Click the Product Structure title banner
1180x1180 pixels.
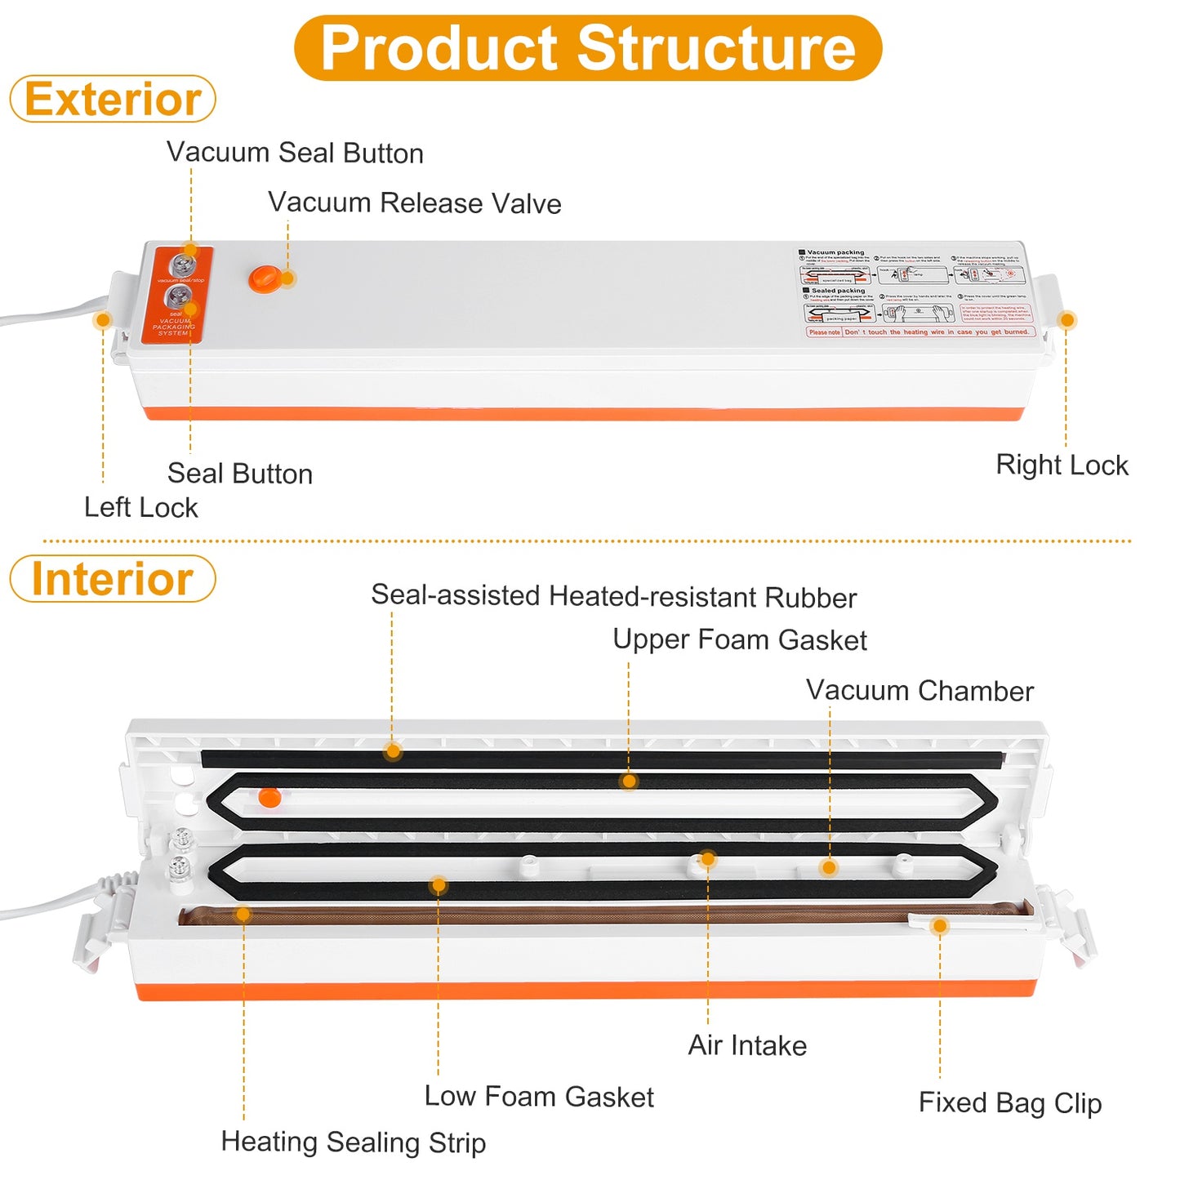[x=588, y=47]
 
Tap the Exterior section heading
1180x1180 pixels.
[x=113, y=99]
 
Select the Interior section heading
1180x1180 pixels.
[x=113, y=579]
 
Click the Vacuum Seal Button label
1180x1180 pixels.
[x=295, y=153]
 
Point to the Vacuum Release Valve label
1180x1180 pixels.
[x=415, y=203]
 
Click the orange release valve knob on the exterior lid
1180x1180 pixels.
[x=265, y=278]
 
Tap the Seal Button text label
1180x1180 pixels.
[x=240, y=474]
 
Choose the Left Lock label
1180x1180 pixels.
[x=141, y=507]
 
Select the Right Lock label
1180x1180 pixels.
[x=1062, y=465]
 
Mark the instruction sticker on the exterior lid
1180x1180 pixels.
[x=917, y=292]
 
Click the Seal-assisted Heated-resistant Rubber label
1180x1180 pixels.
[x=614, y=596]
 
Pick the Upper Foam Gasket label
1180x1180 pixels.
[x=740, y=639]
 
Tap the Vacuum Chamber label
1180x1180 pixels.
[x=920, y=691]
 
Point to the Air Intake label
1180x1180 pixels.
[x=747, y=1045]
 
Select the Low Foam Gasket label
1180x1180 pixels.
[x=539, y=1097]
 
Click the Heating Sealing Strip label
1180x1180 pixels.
[x=354, y=1142]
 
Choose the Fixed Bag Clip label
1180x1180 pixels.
[x=1010, y=1102]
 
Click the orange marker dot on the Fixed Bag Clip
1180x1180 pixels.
[x=940, y=926]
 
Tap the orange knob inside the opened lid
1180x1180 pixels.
[x=269, y=797]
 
